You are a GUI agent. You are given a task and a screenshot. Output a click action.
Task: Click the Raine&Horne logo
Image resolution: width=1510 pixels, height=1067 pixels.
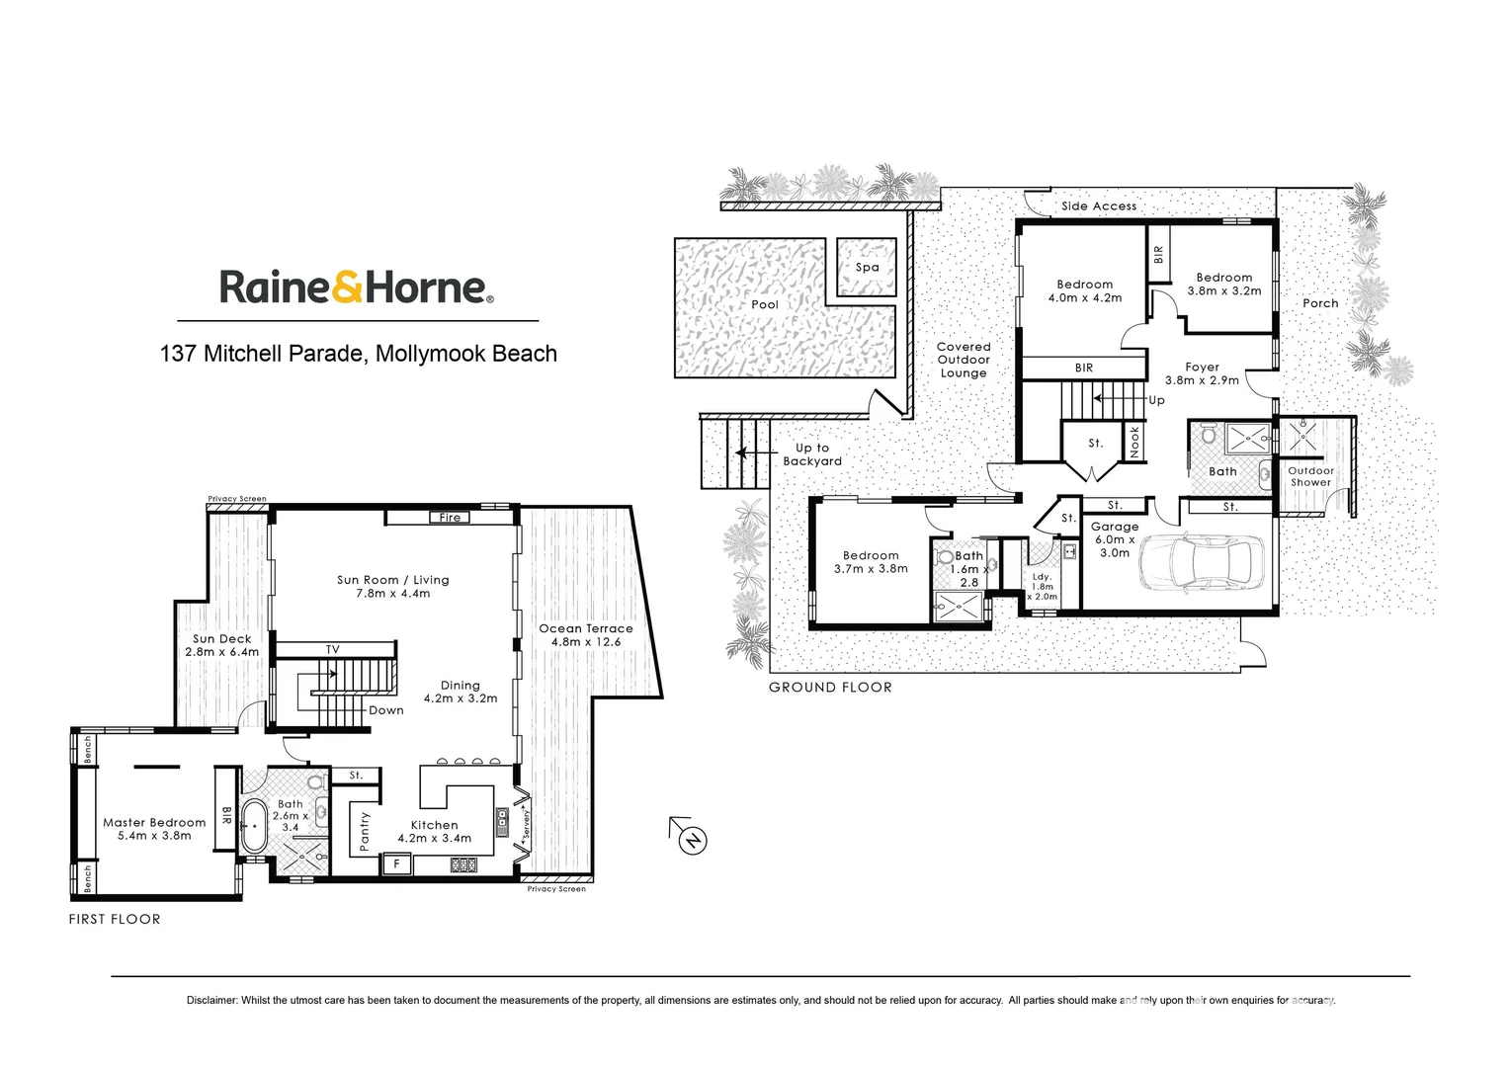click(356, 287)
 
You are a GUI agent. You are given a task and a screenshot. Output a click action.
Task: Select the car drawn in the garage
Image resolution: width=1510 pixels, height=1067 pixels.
click(1200, 565)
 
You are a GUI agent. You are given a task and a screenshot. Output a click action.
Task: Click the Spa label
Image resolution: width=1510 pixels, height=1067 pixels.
click(867, 267)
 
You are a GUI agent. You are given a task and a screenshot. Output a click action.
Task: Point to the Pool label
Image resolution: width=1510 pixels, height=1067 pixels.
click(765, 304)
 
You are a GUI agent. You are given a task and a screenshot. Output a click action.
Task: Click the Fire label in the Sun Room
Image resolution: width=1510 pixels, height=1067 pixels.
click(450, 517)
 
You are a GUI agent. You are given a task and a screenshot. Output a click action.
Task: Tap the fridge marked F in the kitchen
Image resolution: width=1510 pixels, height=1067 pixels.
click(397, 863)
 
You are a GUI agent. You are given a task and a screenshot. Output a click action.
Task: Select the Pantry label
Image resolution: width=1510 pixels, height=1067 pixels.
click(364, 831)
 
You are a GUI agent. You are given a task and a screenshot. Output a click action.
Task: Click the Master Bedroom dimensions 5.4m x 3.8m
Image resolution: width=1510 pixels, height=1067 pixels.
click(154, 836)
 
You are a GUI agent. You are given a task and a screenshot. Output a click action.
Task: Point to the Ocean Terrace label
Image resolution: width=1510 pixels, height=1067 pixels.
click(586, 628)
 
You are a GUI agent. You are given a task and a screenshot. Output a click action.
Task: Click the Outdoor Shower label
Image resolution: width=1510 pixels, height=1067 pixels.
click(1311, 476)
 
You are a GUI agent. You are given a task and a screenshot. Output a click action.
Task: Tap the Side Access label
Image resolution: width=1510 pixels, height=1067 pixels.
click(1099, 206)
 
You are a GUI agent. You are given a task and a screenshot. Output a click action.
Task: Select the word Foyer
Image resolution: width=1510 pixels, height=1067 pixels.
click(1202, 367)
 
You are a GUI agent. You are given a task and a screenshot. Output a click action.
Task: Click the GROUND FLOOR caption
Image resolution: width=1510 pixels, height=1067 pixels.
click(830, 688)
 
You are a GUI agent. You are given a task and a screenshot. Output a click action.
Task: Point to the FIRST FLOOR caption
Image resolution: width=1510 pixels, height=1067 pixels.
click(115, 919)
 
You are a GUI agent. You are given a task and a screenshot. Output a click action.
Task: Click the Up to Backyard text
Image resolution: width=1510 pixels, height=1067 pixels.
click(812, 454)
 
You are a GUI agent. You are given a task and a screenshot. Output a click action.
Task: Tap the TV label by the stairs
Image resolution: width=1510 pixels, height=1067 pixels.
click(333, 649)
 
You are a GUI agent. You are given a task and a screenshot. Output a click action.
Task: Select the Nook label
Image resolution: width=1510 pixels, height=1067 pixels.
click(1134, 442)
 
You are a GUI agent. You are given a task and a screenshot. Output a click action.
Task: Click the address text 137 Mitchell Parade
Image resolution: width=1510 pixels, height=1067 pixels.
click(261, 354)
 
